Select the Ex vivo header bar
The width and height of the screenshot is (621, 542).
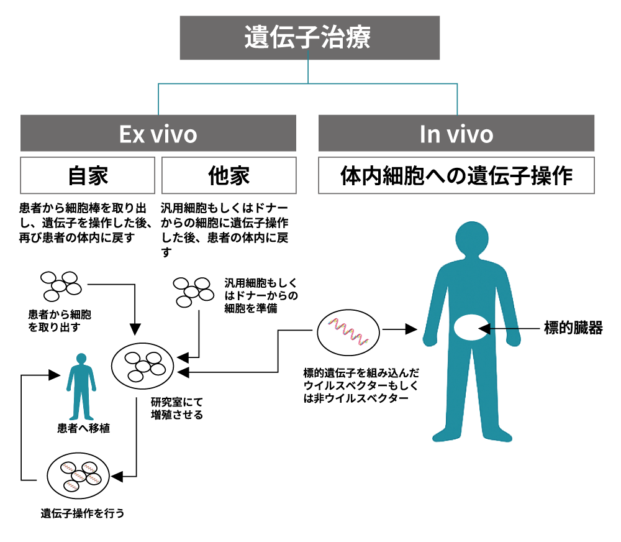(x=158, y=134)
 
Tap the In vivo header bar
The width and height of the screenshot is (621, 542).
(x=456, y=134)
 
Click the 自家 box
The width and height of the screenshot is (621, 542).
(x=88, y=175)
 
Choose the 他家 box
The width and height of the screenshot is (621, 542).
(x=229, y=175)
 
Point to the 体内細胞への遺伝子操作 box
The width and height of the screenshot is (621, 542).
(x=456, y=175)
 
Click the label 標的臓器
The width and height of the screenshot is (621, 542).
(x=573, y=329)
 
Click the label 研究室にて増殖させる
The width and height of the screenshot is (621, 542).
(x=176, y=408)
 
